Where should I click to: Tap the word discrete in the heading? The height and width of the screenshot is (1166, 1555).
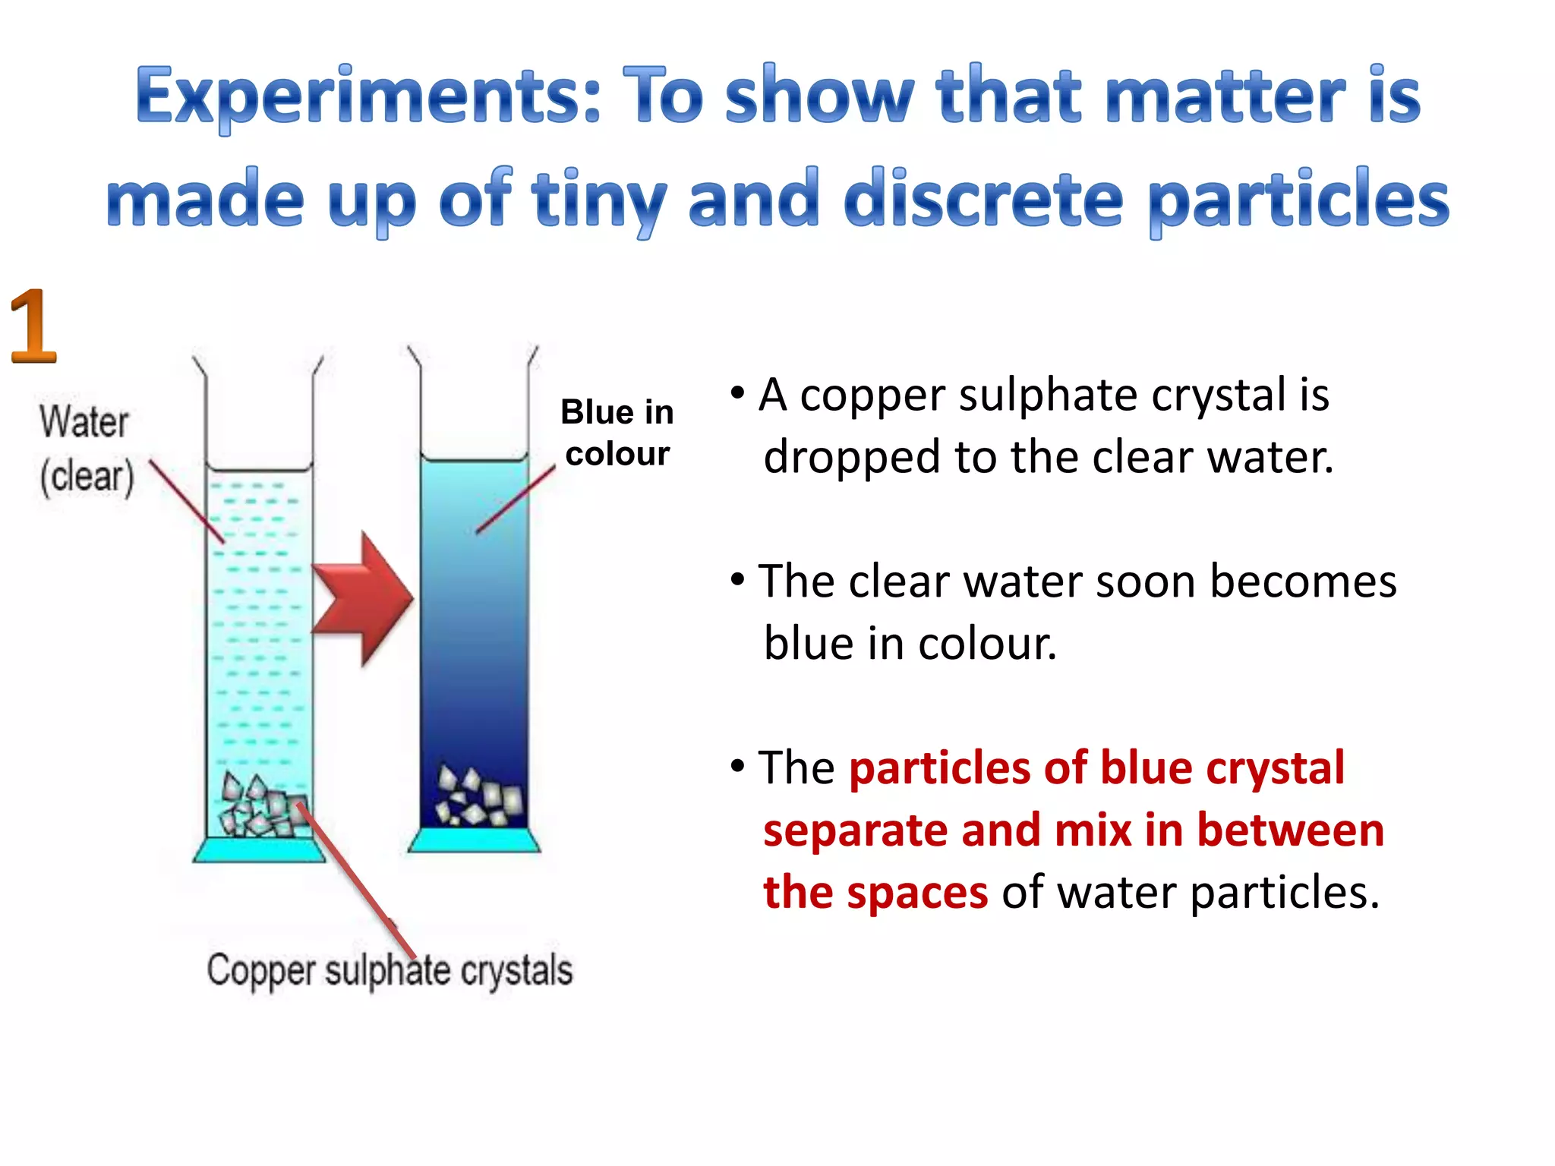click(x=983, y=199)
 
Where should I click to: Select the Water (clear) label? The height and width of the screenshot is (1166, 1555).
click(x=86, y=449)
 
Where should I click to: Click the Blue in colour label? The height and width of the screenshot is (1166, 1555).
click(x=617, y=433)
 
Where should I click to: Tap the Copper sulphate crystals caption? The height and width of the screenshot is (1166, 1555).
click(x=390, y=970)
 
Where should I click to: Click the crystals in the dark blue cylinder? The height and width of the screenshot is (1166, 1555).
click(x=479, y=797)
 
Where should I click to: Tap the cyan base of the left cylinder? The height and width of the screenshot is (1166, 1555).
click(x=259, y=849)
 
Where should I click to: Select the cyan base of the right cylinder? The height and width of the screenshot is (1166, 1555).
click(x=474, y=840)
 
